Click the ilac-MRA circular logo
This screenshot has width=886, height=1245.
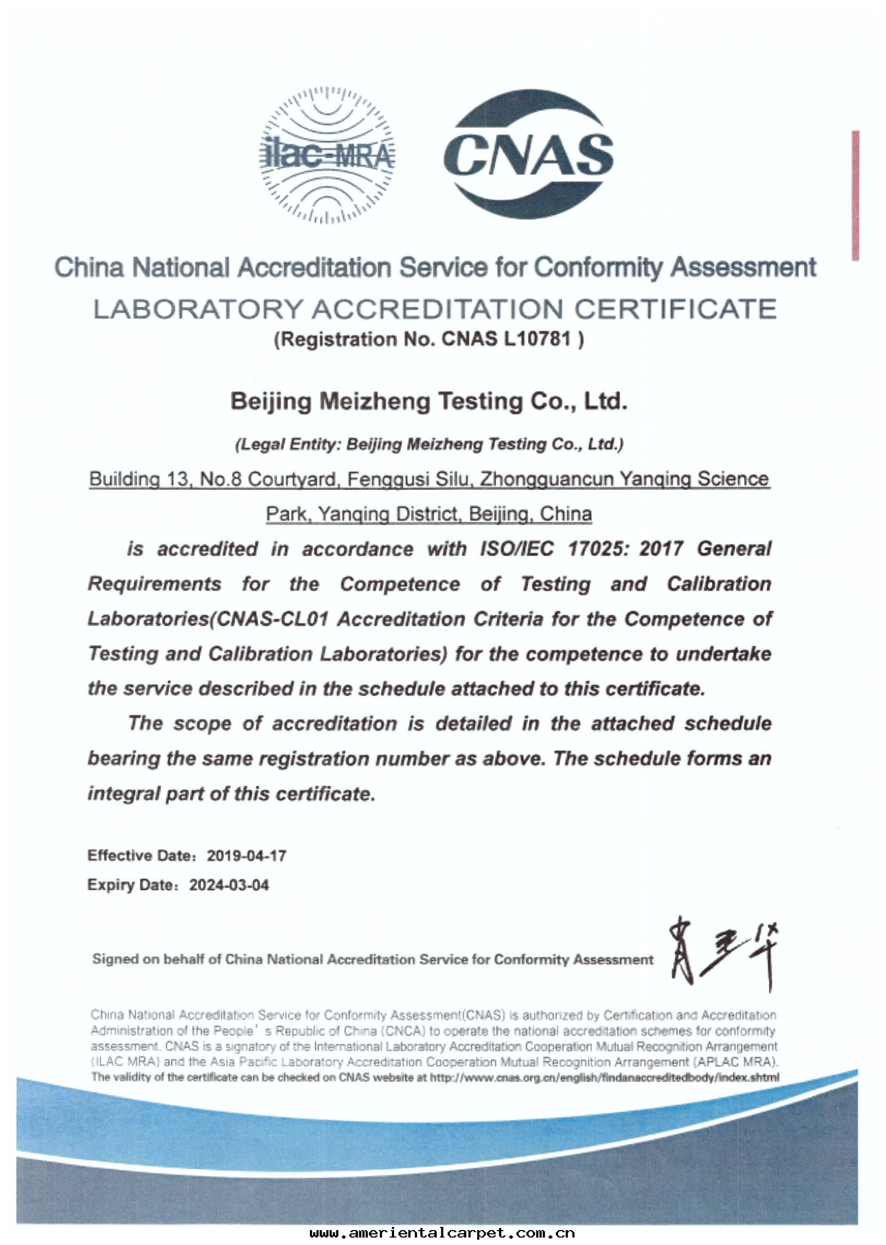tap(326, 155)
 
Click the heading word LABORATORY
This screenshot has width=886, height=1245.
tap(198, 309)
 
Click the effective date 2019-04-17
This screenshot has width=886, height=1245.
tap(246, 855)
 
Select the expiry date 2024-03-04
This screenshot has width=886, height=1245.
tap(229, 884)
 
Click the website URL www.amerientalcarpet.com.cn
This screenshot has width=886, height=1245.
tap(442, 1233)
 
